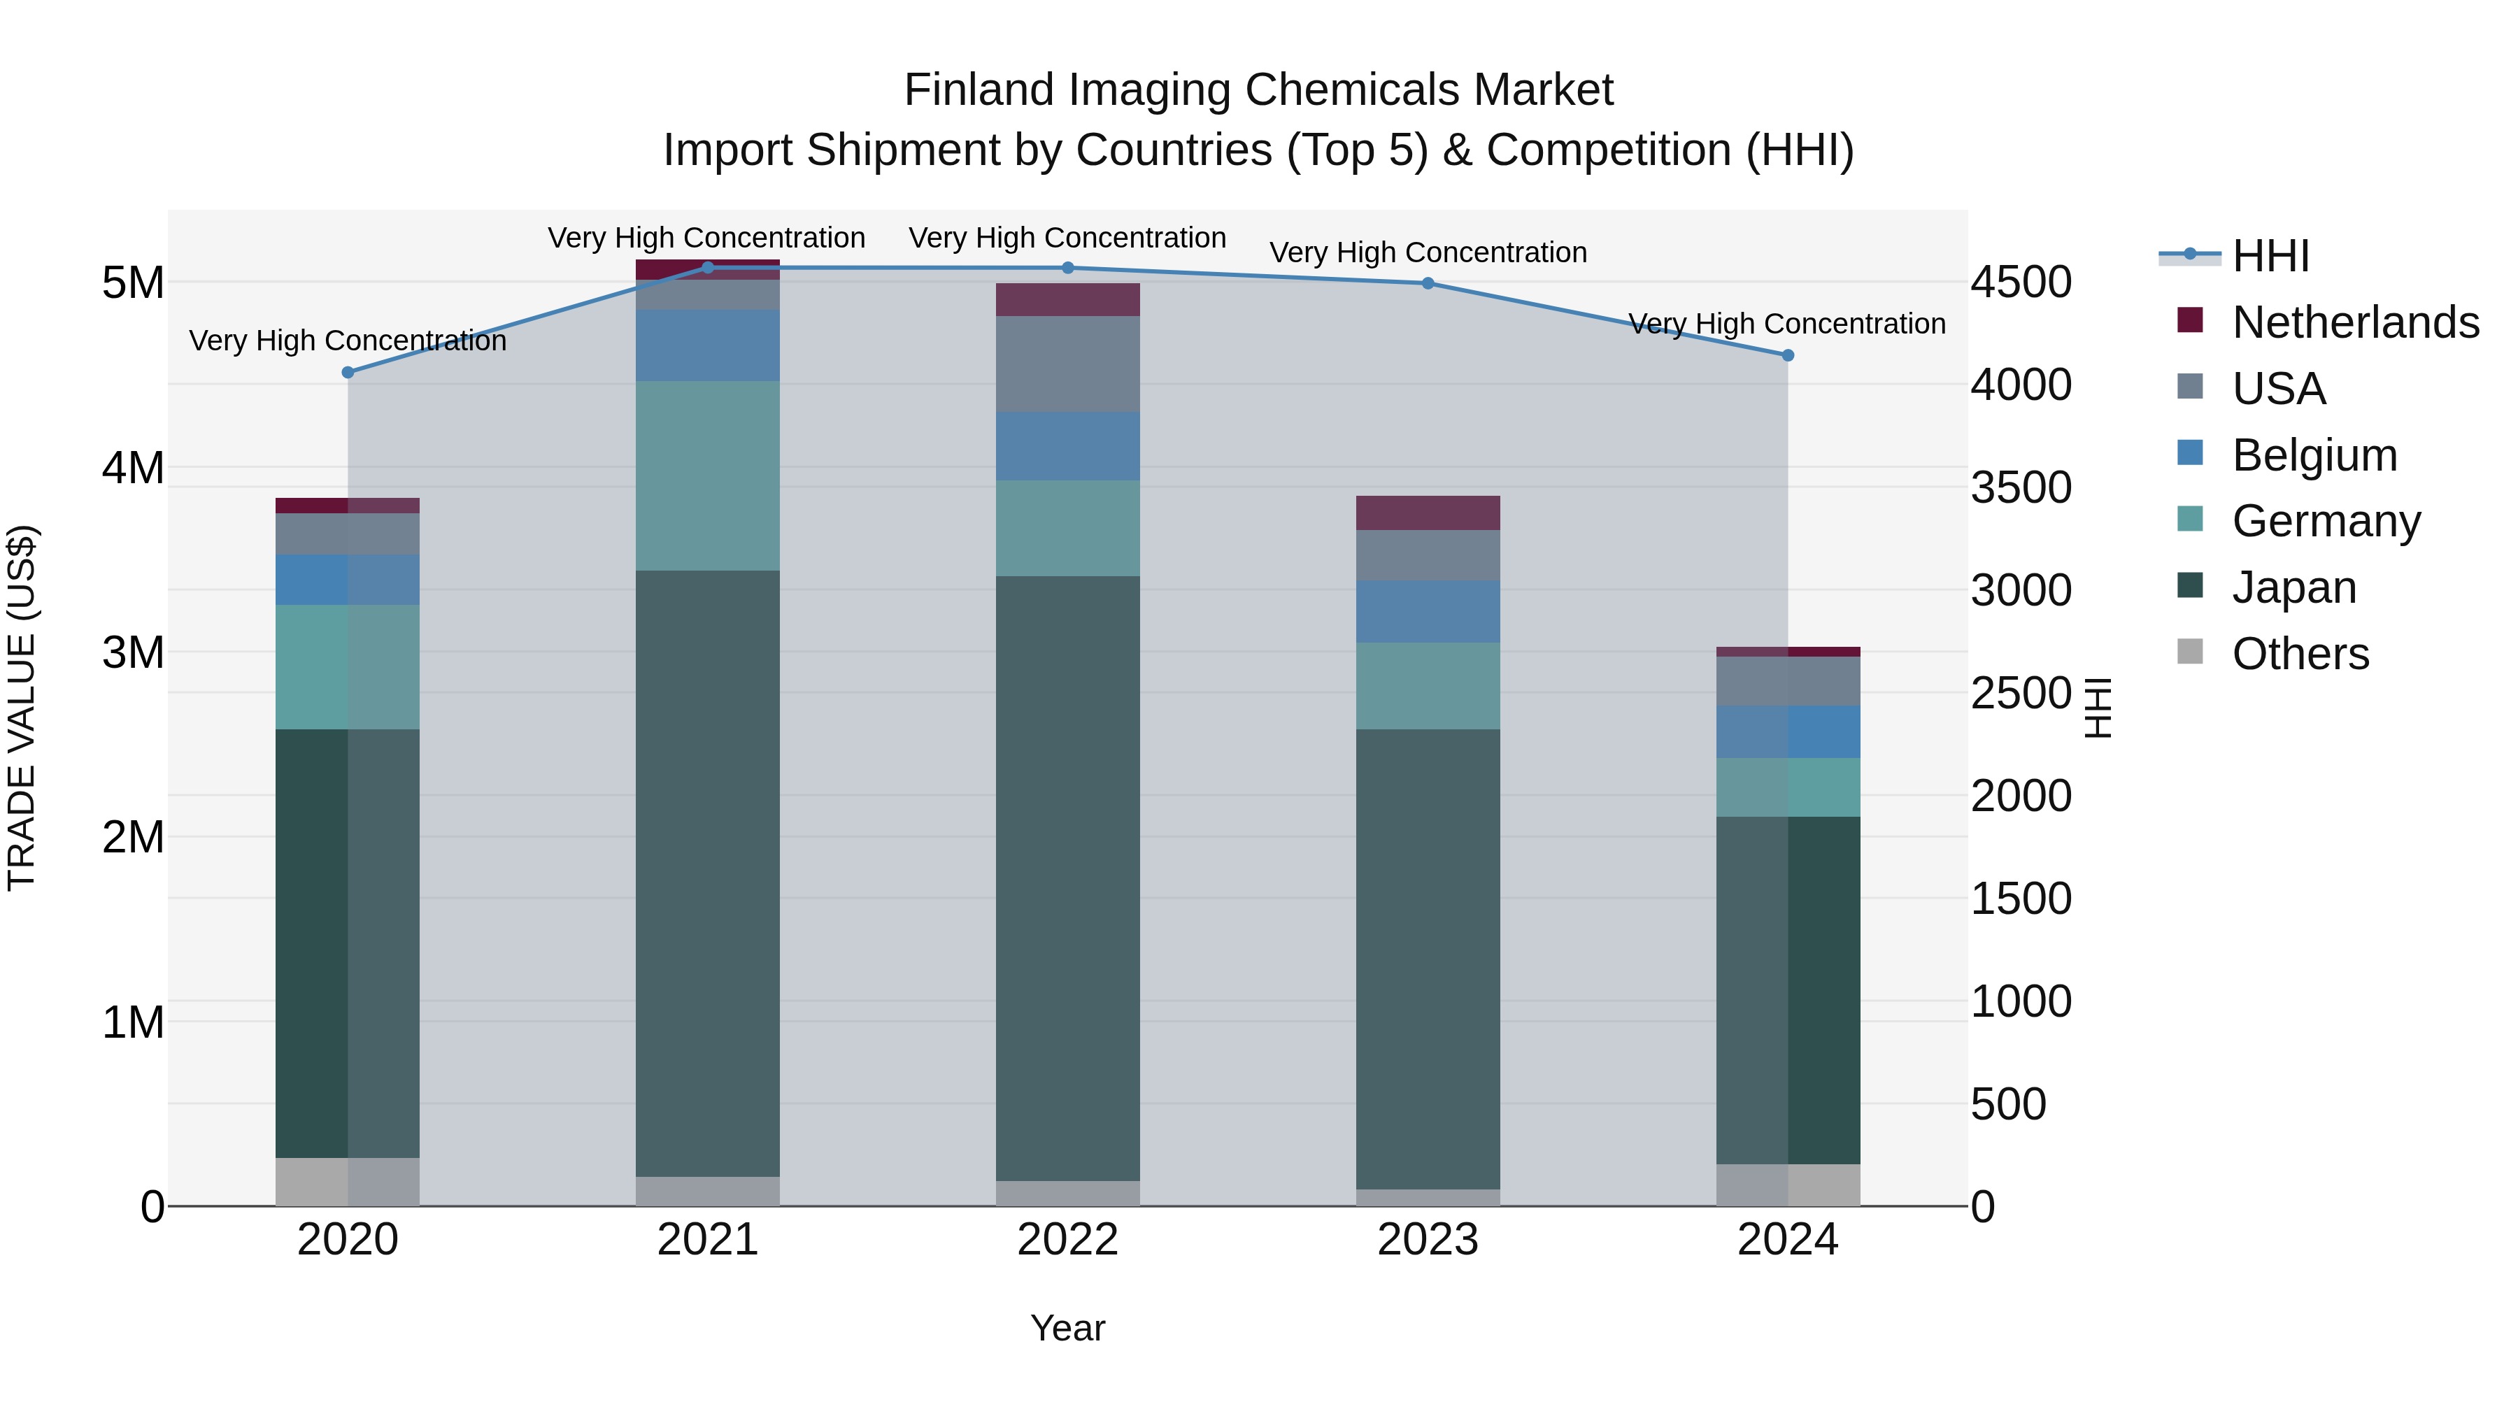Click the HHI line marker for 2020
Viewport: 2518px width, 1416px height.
pos(348,372)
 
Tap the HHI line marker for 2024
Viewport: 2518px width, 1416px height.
pos(1788,356)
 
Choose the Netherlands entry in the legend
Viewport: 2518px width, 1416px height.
pos(2355,322)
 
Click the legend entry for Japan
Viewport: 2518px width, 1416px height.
pos(2293,587)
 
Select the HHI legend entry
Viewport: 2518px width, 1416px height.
pos(2270,256)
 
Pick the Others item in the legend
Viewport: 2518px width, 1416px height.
pos(2299,654)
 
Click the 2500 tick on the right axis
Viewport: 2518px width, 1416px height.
pos(2019,694)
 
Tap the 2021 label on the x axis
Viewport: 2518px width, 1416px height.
pos(708,1240)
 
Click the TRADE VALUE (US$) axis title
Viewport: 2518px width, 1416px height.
pos(22,708)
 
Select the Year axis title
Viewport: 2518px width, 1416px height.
pos(1067,1328)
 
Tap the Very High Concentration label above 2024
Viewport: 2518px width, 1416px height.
pos(1787,324)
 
